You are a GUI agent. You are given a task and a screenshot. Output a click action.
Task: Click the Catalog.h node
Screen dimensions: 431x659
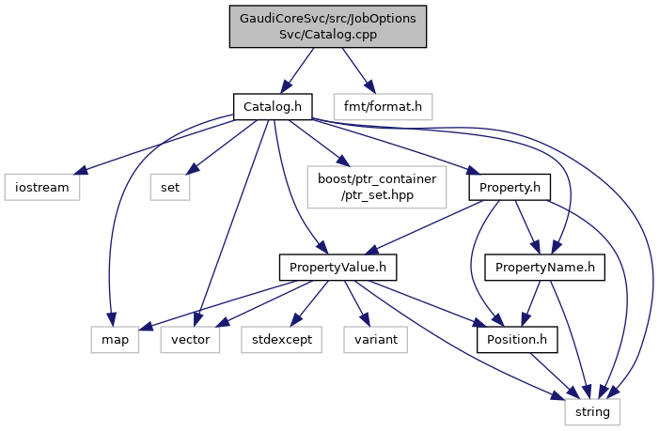[273, 106]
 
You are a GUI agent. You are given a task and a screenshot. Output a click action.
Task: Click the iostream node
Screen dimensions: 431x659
[41, 187]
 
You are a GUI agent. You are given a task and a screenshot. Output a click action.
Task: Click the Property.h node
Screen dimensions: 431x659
[509, 187]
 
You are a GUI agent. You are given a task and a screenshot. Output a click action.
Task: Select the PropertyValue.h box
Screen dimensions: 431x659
[338, 269]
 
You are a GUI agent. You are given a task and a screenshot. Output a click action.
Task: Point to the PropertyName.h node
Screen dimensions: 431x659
[544, 269]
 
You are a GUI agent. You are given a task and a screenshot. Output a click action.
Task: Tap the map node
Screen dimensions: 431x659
[116, 339]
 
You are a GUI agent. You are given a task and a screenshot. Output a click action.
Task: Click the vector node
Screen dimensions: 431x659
[191, 339]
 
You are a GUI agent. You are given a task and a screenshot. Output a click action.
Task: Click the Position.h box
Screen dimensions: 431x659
[517, 339]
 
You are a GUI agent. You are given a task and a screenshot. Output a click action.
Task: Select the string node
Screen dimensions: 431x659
[592, 410]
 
